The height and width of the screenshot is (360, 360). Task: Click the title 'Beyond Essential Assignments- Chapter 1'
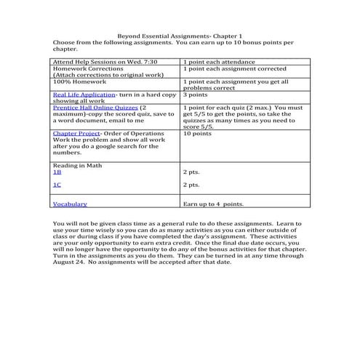point(180,36)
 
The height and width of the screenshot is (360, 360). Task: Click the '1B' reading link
point(57,172)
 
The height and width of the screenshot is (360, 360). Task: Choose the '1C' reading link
point(57,185)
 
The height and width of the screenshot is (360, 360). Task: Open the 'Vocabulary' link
point(71,204)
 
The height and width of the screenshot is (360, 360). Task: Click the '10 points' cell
point(198,134)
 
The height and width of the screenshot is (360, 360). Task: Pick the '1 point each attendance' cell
point(219,63)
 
